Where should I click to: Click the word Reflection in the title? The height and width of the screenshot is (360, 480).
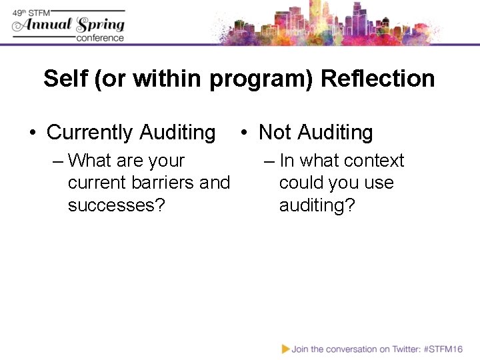(377, 79)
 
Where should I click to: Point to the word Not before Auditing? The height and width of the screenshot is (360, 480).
(275, 133)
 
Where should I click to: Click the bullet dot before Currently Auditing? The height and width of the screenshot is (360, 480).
(33, 133)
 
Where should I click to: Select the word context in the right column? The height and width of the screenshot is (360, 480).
(372, 161)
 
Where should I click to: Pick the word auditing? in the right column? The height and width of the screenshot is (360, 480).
(317, 205)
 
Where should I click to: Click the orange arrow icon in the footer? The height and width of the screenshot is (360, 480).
(286, 349)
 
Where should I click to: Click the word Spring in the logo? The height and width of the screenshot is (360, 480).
(101, 25)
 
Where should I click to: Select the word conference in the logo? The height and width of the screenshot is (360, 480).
(100, 38)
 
